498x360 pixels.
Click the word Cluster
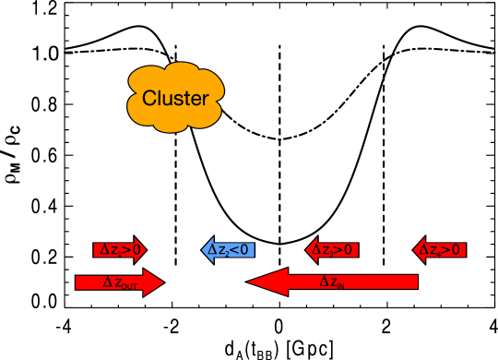click(x=174, y=98)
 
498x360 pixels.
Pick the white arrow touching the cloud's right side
click(x=242, y=71)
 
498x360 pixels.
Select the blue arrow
click(x=228, y=249)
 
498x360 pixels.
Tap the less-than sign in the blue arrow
click(x=234, y=250)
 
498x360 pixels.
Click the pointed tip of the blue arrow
click(x=204, y=249)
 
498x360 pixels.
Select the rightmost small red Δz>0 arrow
click(x=440, y=249)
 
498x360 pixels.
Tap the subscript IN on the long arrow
click(x=340, y=286)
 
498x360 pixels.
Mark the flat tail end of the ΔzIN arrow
click(x=416, y=282)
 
